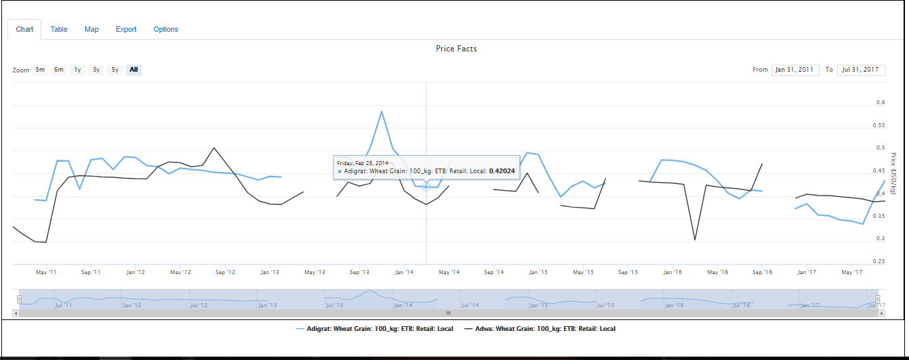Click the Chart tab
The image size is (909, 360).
pos(24,29)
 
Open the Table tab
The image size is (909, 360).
pos(59,29)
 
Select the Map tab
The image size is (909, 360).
pos(91,29)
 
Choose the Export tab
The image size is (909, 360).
pos(126,29)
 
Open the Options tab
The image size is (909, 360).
pos(166,29)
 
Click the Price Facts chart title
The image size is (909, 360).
pos(457,49)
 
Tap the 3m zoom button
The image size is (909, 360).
pos(41,70)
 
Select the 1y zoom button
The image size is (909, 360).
pos(78,70)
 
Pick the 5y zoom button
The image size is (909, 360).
pos(115,70)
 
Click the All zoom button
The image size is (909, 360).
pos(134,70)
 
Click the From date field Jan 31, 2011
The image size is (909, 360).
pos(795,70)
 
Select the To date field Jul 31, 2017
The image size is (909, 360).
pos(861,70)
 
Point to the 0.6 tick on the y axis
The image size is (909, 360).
pos(881,103)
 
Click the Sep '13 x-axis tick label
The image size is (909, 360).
pos(359,272)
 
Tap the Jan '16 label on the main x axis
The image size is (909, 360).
pos(672,272)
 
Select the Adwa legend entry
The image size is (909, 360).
pos(540,329)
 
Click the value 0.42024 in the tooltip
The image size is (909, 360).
pos(502,171)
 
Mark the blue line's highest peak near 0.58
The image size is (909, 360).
pos(382,112)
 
